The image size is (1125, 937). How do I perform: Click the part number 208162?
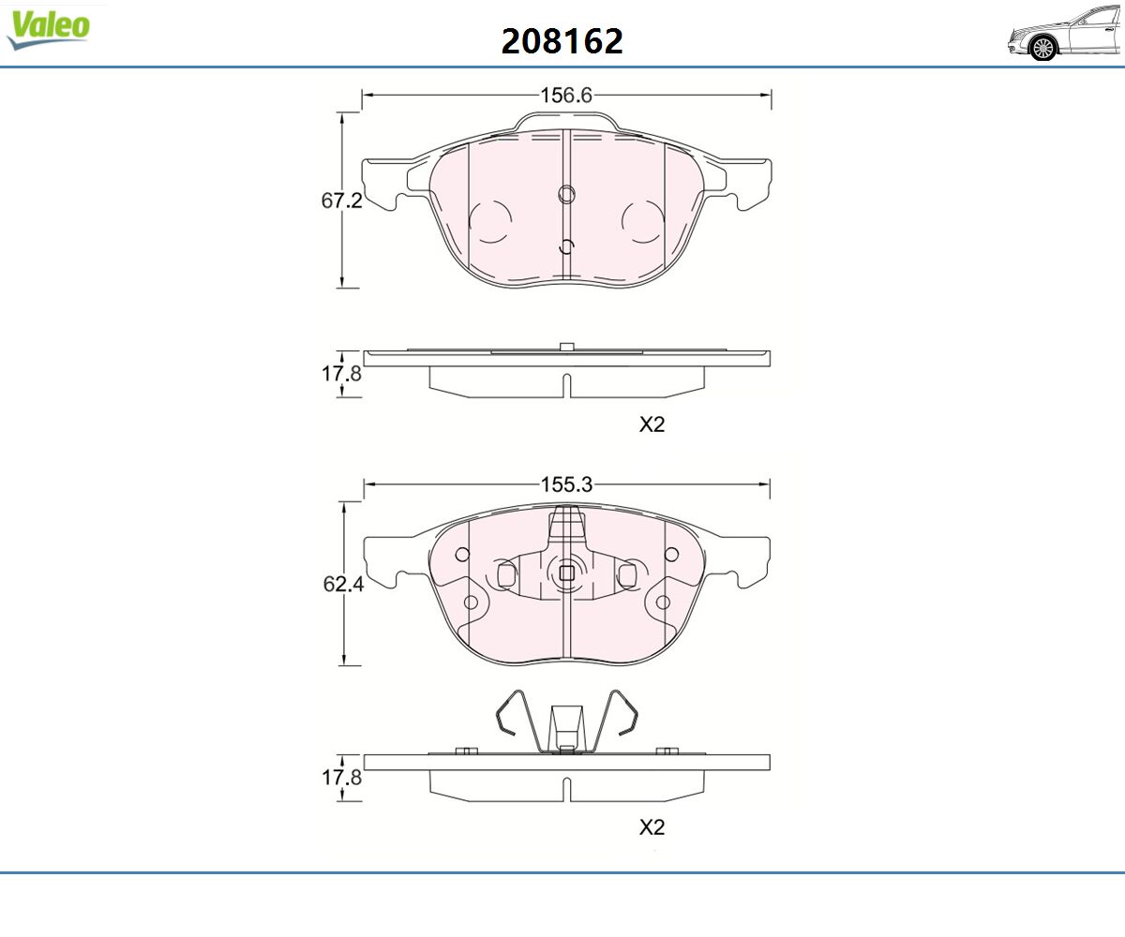click(562, 41)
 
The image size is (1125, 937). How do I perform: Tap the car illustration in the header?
click(1065, 33)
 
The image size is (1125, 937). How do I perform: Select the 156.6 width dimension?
click(566, 96)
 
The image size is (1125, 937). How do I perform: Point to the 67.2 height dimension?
click(341, 201)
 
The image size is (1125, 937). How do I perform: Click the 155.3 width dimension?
click(567, 484)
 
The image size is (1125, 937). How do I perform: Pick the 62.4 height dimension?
click(343, 584)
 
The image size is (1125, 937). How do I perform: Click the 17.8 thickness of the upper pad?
click(341, 373)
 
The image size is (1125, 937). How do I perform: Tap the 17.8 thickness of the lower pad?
click(341, 777)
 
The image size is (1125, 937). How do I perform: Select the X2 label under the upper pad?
click(652, 424)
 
